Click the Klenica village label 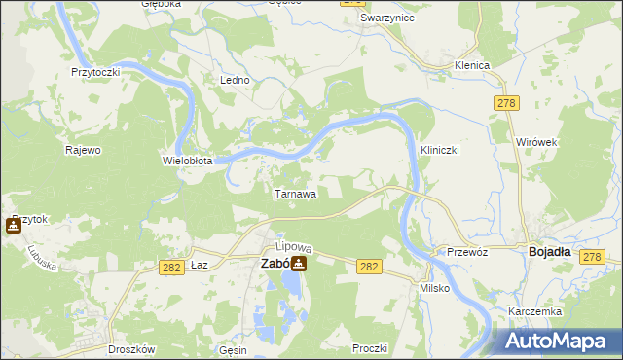coord(471,65)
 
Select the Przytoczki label coord(95,72)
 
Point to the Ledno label coord(236,80)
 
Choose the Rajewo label coord(83,150)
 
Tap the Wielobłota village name coord(187,160)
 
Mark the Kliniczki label coord(439,151)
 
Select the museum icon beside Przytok coord(13,226)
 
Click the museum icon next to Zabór coord(299,263)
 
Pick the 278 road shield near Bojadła coord(591,256)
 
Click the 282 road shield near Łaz coord(173,267)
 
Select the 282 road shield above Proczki coord(369,267)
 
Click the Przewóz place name coord(467,250)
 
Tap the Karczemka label coord(531,311)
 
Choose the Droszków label coord(104,347)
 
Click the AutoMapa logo coord(559,341)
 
